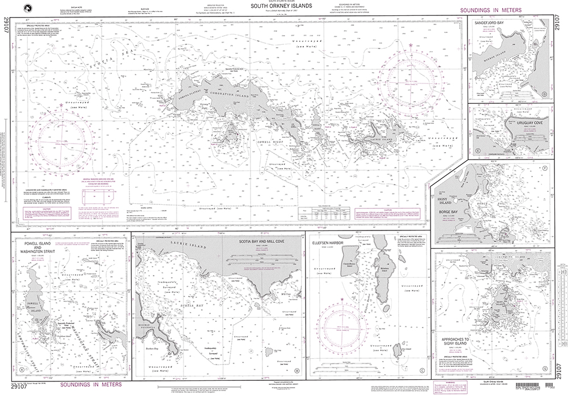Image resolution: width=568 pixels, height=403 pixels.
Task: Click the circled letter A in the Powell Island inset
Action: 22,370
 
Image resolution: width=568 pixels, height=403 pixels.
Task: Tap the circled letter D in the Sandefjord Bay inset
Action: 544,94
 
